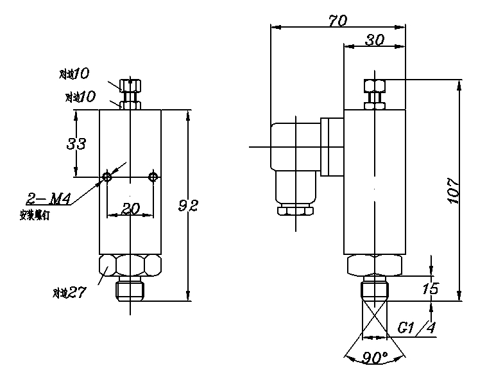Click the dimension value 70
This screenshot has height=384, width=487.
[x=337, y=20]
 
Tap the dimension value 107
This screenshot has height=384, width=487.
[x=453, y=190]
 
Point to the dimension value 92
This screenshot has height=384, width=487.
[x=189, y=206]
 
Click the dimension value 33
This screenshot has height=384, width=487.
[x=77, y=144]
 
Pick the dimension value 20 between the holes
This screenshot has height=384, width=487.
[x=130, y=209]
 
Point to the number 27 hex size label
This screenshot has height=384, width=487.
[x=77, y=293]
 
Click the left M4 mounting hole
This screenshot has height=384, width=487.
[x=107, y=176]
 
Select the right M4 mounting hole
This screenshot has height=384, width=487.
[x=153, y=176]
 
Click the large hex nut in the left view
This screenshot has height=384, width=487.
[x=130, y=265]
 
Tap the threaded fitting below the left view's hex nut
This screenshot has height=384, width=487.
[x=130, y=290]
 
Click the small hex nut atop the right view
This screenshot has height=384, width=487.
[x=374, y=86]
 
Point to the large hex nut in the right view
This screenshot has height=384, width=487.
[x=375, y=265]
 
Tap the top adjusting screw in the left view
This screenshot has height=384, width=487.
[x=130, y=86]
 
